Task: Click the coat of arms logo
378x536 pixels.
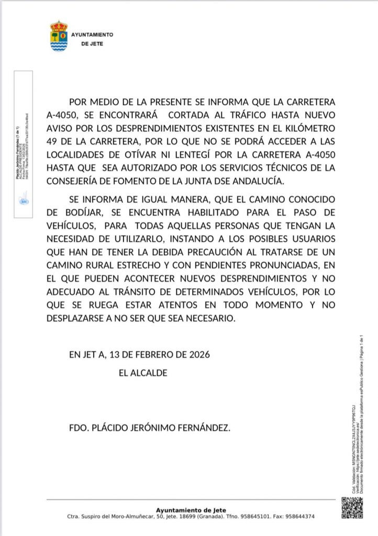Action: click(x=59, y=36)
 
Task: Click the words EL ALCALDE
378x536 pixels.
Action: click(x=143, y=373)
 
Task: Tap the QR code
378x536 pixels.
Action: click(x=352, y=507)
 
